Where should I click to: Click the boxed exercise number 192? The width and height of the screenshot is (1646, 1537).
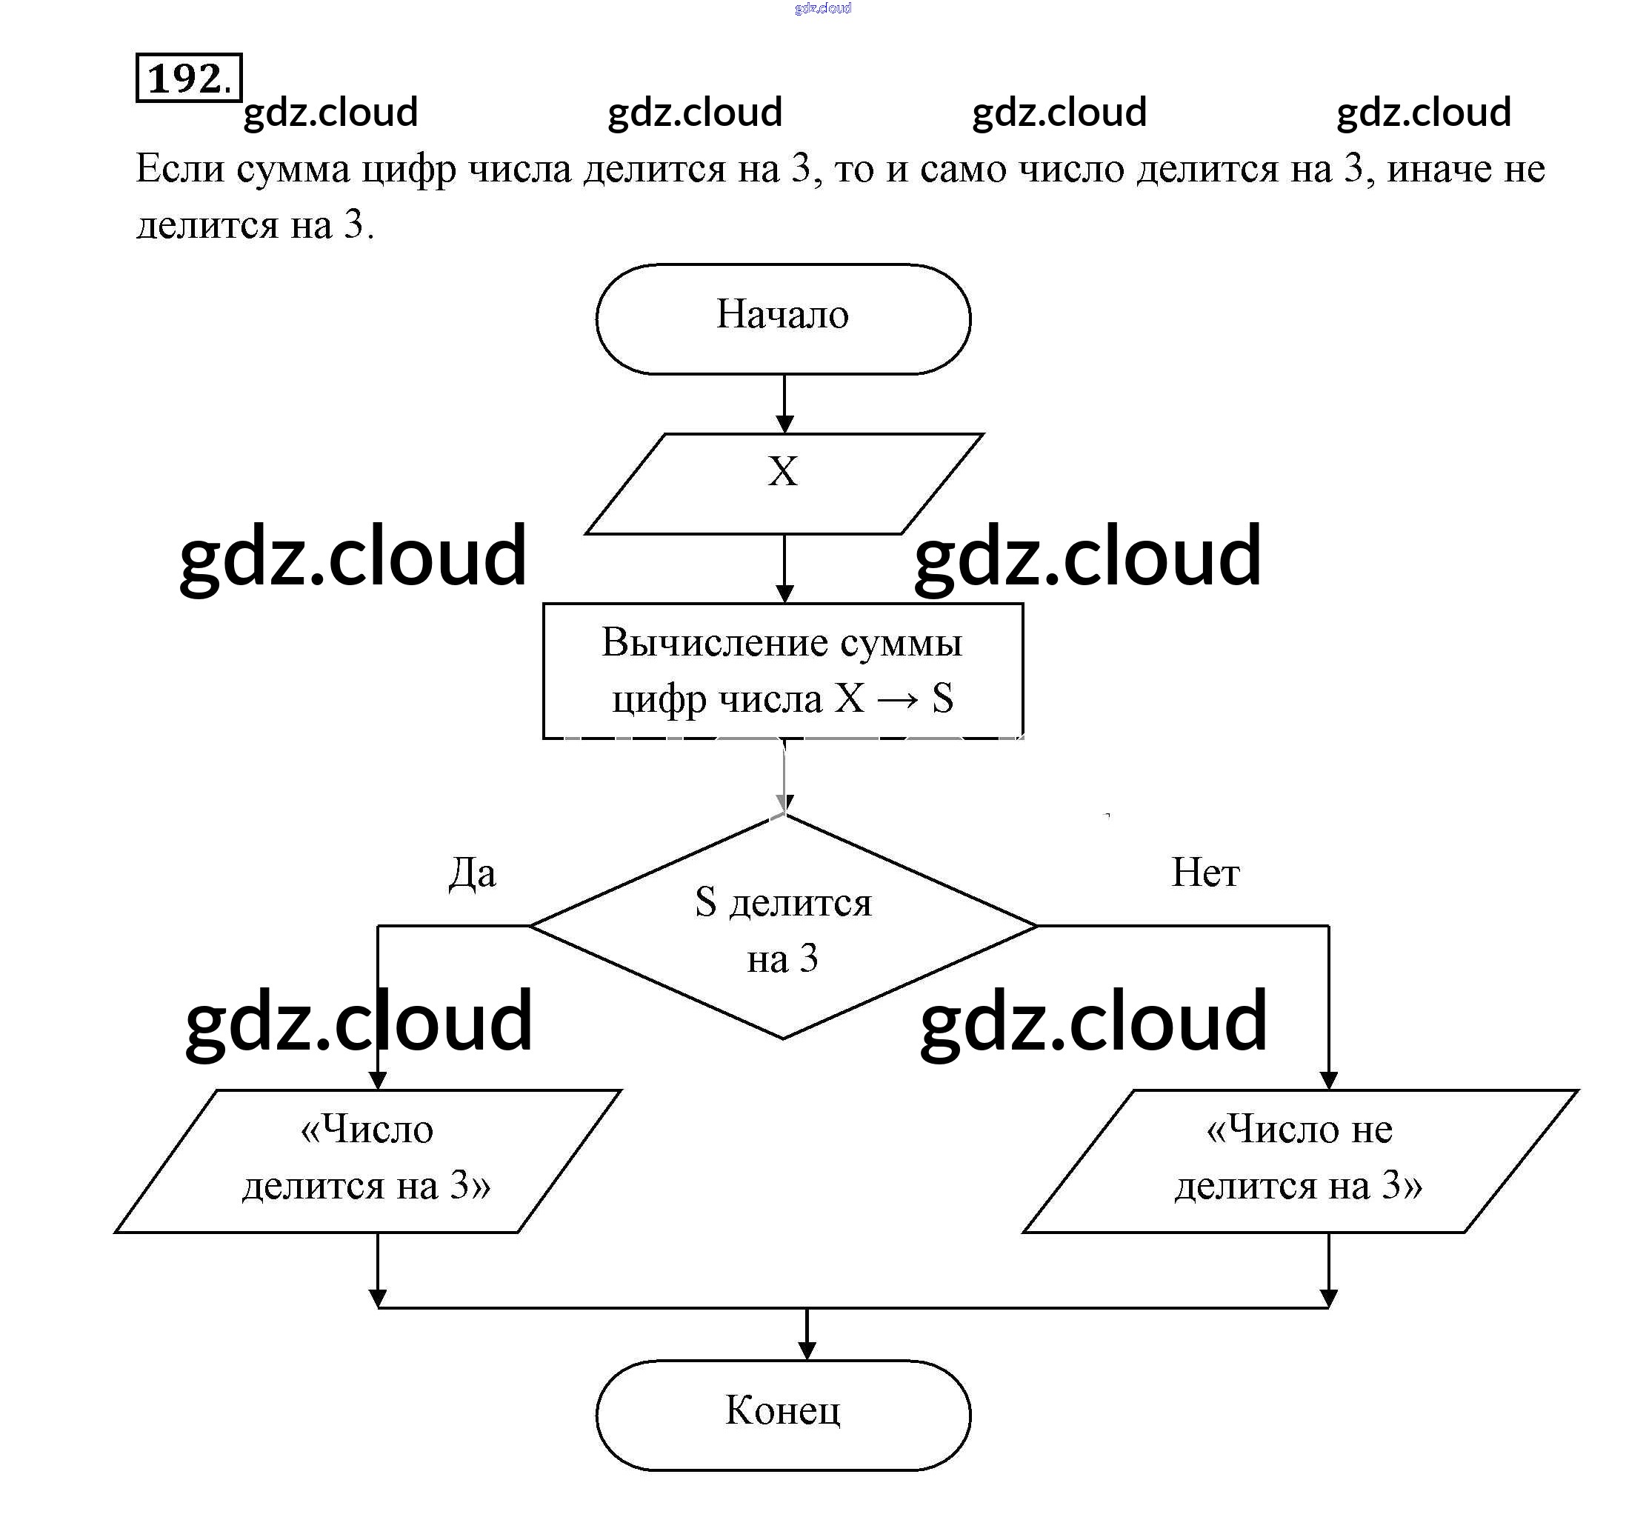(188, 79)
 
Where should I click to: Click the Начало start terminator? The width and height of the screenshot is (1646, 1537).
(782, 319)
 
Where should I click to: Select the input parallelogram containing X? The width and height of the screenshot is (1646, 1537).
(782, 483)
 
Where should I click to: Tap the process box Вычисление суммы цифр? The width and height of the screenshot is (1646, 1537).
(782, 671)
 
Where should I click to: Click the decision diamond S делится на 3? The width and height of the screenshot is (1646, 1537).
(782, 927)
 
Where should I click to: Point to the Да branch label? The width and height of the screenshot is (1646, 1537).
(472, 873)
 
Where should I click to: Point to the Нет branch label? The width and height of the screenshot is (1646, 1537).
(1204, 873)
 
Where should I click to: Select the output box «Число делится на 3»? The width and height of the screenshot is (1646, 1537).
(367, 1160)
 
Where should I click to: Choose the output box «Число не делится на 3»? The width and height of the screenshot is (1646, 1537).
(1300, 1160)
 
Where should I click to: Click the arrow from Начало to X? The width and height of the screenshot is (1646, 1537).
(784, 403)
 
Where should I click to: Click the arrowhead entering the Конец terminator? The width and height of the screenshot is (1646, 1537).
(807, 1350)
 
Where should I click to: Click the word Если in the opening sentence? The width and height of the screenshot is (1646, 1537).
(180, 169)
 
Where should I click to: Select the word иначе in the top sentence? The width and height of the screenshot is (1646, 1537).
(1438, 169)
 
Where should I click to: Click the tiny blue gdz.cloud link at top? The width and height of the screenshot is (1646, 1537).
(822, 8)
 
